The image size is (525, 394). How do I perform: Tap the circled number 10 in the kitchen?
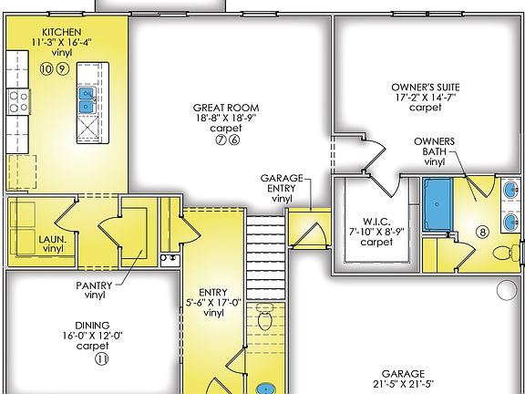[46, 69]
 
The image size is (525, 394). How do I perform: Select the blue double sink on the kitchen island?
[87, 99]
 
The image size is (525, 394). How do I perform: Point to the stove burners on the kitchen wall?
[17, 99]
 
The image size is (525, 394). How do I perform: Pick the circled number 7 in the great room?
[220, 140]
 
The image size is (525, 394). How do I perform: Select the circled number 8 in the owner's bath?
[483, 232]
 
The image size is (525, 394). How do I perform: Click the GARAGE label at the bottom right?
[403, 375]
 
